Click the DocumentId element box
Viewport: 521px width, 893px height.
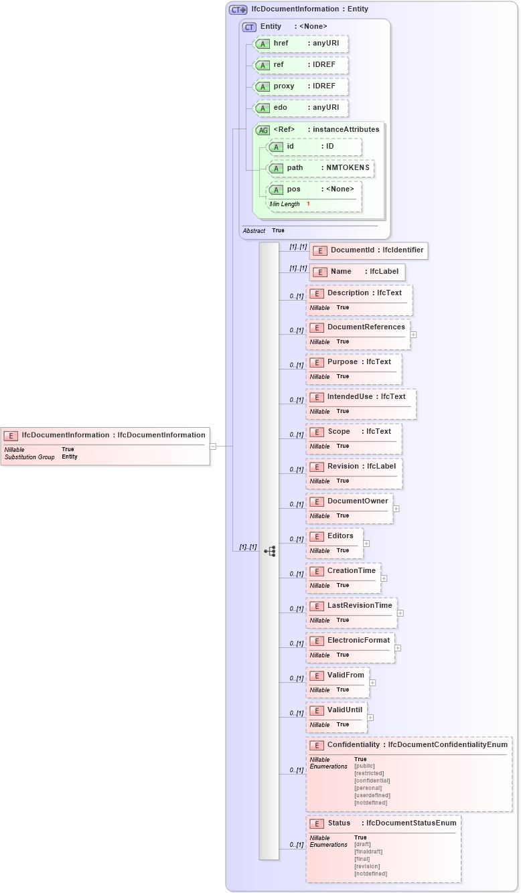click(x=368, y=250)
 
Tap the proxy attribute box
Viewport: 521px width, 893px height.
click(x=301, y=86)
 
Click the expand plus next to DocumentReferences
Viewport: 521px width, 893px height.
click(x=413, y=335)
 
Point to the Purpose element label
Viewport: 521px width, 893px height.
click(x=342, y=362)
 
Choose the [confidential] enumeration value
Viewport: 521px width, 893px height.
click(x=372, y=781)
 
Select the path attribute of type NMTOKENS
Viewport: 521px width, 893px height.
click(x=320, y=168)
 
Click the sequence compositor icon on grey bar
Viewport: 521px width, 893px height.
click(x=269, y=552)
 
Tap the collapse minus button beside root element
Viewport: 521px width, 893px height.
click(x=213, y=446)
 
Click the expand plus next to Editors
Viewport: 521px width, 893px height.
click(x=366, y=544)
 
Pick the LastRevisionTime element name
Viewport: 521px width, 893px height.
click(x=360, y=606)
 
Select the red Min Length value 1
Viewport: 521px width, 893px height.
click(x=309, y=204)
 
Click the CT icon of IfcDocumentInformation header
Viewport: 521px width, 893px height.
click(x=238, y=10)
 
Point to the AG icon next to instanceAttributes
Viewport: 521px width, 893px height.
click(x=263, y=130)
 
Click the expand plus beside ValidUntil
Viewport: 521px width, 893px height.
click(x=370, y=718)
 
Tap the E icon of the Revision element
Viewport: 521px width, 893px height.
click(x=317, y=467)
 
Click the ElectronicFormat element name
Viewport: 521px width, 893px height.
click(x=358, y=641)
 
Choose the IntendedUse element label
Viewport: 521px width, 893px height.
click(x=350, y=397)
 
